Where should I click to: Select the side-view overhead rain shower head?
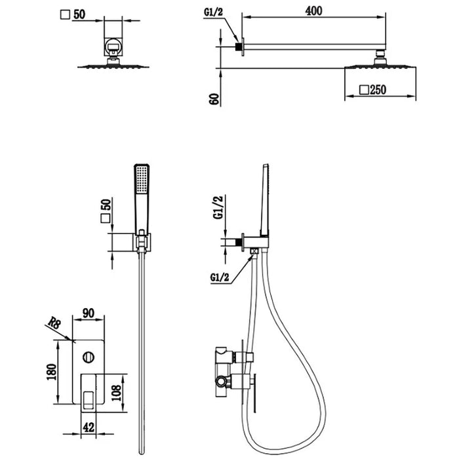tap(378, 68)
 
